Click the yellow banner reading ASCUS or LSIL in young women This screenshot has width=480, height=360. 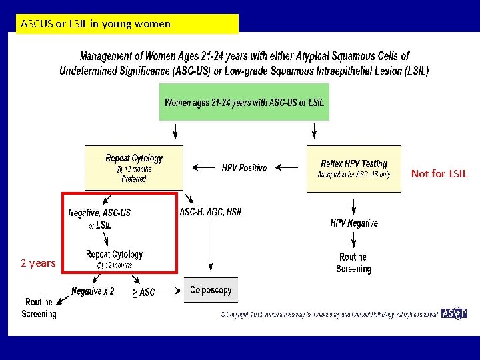(x=127, y=24)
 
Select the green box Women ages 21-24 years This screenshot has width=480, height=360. (x=244, y=102)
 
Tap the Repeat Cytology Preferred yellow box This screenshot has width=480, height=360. (x=133, y=167)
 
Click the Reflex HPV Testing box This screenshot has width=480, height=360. (x=353, y=169)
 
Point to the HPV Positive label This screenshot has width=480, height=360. (x=244, y=168)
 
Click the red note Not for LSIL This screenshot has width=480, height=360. (x=439, y=173)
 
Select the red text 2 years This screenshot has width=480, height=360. (x=38, y=263)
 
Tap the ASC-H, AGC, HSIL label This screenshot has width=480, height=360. (x=211, y=212)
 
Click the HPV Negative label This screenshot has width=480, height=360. (x=353, y=223)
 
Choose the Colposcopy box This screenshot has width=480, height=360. (x=211, y=290)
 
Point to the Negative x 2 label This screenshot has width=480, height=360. (x=93, y=291)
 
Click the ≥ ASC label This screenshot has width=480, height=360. (x=143, y=292)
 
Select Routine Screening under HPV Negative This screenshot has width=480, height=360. (x=353, y=263)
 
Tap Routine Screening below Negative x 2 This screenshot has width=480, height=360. (x=39, y=308)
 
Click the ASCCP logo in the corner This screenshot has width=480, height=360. (x=453, y=313)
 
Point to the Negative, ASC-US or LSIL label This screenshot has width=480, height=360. (x=99, y=218)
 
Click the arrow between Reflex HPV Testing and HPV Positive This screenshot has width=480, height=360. (x=288, y=168)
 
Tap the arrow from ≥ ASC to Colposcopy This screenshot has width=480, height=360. (x=169, y=291)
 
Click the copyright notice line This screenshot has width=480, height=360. (x=329, y=313)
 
